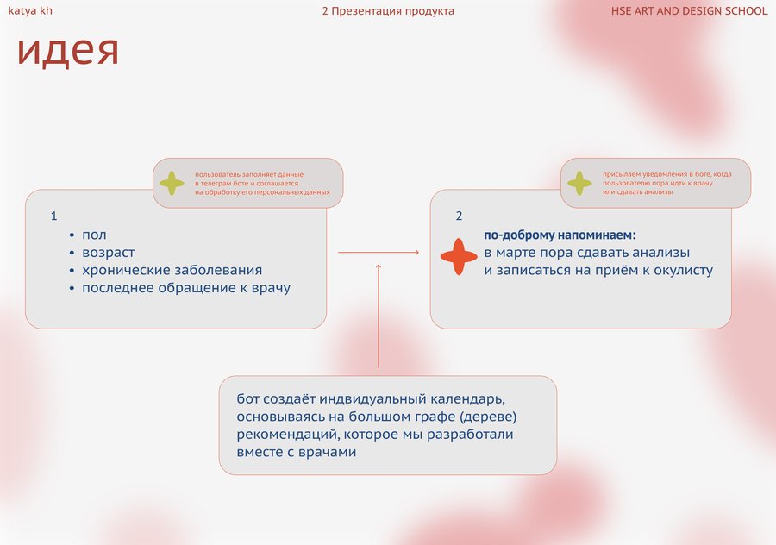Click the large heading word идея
68,51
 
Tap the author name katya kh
30,10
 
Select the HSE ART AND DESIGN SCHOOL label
689,11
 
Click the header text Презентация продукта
392,11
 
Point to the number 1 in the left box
54,216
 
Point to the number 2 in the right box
459,216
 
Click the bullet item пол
94,235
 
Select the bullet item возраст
109,253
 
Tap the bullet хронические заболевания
172,270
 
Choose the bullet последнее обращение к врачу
186,288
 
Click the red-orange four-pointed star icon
459,256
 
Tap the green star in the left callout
172,183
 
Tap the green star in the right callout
579,183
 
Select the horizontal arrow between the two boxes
379,253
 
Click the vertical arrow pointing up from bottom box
379,316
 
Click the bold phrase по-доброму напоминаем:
560,235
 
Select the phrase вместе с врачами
297,452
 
